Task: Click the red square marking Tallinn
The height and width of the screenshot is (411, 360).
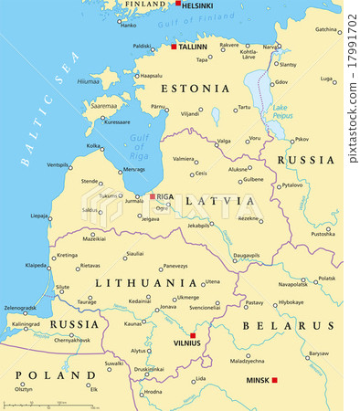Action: [x=174, y=46]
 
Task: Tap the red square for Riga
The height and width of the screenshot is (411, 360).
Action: [x=153, y=196]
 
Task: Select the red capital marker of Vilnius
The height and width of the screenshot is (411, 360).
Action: [x=193, y=336]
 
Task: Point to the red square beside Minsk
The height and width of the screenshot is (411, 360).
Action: [x=274, y=379]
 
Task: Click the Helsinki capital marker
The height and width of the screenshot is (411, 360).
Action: [x=178, y=4]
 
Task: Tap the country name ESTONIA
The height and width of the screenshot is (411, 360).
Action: [x=196, y=89]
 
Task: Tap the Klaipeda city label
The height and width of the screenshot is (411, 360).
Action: [x=37, y=265]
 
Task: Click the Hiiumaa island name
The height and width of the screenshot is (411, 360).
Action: [x=87, y=80]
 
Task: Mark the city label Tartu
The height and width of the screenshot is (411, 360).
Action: [x=244, y=108]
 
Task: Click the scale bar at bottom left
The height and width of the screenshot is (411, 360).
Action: [x=46, y=403]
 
